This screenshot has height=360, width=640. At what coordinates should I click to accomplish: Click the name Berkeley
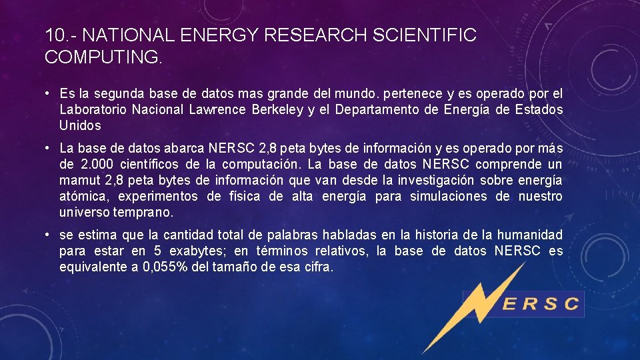coord(275,109)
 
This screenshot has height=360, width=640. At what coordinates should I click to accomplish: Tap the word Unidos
coord(80,125)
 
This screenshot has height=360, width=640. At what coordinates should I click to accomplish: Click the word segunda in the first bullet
coord(121,93)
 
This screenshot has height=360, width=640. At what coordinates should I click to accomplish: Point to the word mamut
coord(77,180)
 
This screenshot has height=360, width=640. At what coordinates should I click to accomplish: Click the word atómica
coord(82,196)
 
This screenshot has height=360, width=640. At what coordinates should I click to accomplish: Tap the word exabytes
coord(199,251)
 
